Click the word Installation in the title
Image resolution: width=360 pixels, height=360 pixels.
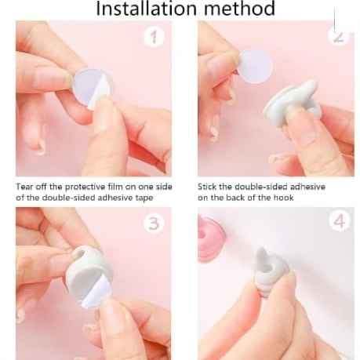(146, 8)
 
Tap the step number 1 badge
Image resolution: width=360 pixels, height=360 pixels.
(154, 37)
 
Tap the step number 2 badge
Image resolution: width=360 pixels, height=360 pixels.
(339, 36)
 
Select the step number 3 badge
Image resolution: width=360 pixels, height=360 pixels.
(154, 224)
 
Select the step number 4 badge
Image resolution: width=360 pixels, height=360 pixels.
(339, 222)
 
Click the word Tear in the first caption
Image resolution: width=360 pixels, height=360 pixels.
(24, 187)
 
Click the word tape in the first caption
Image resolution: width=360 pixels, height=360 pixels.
(144, 198)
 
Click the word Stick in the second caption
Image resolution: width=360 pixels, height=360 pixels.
(207, 187)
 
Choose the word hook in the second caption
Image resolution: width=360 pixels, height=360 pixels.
(284, 198)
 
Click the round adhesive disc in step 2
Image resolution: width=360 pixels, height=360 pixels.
(255, 67)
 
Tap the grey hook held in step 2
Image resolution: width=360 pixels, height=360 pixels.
(293, 103)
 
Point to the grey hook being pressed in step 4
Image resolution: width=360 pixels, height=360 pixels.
(271, 272)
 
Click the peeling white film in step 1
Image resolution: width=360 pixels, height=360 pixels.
(100, 91)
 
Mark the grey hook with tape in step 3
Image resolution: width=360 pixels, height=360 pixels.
(88, 276)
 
